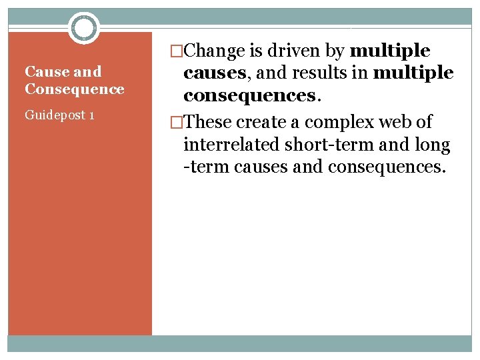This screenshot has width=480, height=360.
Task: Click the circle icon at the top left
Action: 84,27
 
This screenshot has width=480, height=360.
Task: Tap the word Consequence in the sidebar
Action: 74,89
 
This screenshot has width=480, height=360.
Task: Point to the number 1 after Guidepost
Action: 91,115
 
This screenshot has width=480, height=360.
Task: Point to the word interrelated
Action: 231,145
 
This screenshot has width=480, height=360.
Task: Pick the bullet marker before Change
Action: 177,51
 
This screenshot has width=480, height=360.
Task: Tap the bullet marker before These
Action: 177,123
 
